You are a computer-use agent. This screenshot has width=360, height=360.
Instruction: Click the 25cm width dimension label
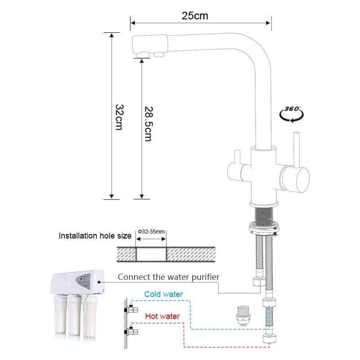click(x=195, y=16)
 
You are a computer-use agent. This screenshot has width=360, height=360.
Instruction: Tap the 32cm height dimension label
click(x=119, y=117)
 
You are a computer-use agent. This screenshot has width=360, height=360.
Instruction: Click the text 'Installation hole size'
click(x=95, y=235)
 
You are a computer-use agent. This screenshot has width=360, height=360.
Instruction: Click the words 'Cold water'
click(x=163, y=294)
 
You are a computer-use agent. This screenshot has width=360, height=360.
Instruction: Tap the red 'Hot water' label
click(x=162, y=316)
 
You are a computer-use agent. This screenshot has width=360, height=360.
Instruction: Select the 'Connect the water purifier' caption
click(x=169, y=276)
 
